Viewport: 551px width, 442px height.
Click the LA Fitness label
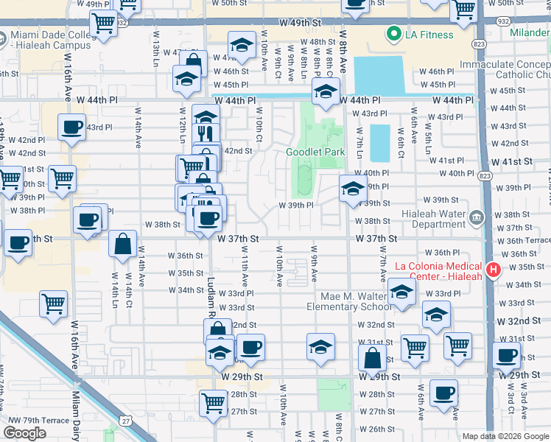(x=430, y=34)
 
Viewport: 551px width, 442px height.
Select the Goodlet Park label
(x=315, y=152)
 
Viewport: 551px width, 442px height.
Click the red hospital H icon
(x=493, y=270)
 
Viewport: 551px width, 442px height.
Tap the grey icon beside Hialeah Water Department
(x=476, y=217)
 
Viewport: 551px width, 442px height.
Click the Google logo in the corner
(x=24, y=432)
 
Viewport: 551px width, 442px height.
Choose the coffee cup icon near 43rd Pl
(x=71, y=127)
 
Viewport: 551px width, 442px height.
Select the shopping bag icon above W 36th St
(x=122, y=243)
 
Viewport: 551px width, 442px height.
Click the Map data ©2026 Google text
(x=505, y=436)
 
